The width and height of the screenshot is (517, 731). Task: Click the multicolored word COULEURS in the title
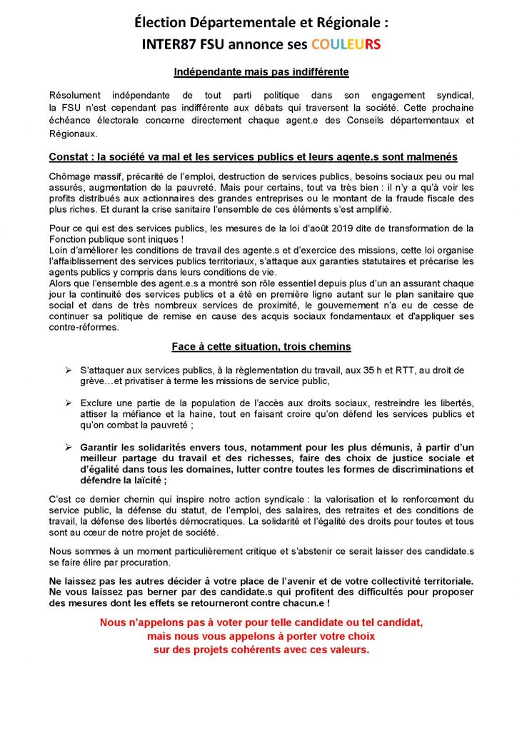346,44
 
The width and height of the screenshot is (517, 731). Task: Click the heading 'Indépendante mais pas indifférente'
261,72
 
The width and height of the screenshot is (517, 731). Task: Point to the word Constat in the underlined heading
70,157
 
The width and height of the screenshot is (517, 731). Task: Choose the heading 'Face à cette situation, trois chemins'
261,347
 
